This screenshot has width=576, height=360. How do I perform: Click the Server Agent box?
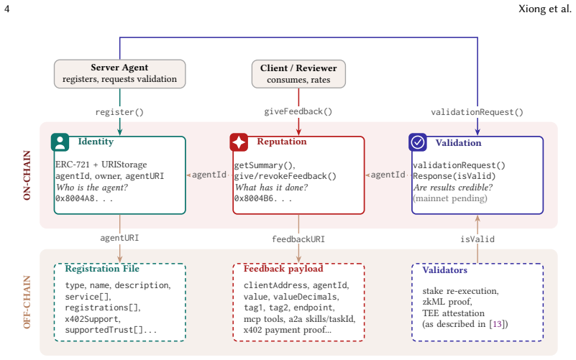pos(120,74)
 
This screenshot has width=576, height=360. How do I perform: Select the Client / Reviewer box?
pos(298,74)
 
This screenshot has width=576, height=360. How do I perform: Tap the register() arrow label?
pos(119,112)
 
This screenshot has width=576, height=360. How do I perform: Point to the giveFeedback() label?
pos(298,111)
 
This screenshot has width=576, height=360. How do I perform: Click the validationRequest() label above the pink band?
pos(477,112)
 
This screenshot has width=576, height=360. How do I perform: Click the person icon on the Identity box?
pos(60,142)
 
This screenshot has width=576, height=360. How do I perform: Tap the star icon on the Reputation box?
pos(239,142)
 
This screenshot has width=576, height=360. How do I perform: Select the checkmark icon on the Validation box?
pos(418,142)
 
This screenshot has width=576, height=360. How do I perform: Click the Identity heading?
pos(96,142)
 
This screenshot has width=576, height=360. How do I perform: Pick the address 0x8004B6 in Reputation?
pos(263,198)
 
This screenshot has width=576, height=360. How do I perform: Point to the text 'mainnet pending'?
pos(450,198)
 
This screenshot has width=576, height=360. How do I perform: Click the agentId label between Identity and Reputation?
pos(209,175)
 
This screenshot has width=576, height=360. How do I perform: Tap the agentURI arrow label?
pos(119,238)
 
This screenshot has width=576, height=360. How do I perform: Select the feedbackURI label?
pos(298,239)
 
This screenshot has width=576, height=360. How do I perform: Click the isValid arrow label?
pos(477,239)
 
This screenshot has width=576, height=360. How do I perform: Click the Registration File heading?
pos(102,269)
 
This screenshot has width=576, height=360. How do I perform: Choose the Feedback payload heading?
pos(283,269)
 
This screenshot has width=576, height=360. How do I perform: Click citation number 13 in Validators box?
pos(497,324)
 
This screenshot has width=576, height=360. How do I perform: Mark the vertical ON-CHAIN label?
pos(27,175)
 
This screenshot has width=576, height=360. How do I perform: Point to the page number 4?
pos(6,9)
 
